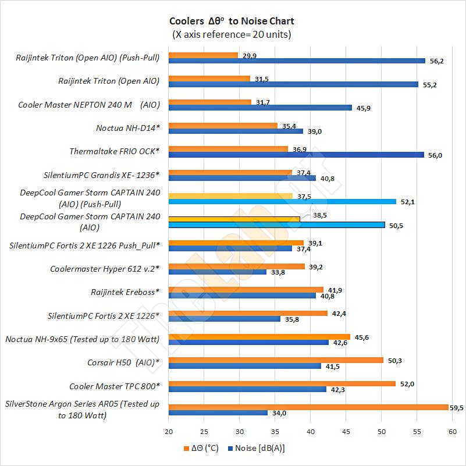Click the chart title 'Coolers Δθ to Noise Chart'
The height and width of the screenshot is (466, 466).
(x=232, y=22)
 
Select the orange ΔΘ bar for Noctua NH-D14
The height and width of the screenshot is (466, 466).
(x=223, y=125)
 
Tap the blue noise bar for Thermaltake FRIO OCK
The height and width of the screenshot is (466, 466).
(x=296, y=155)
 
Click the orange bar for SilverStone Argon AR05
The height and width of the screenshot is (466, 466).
(x=308, y=407)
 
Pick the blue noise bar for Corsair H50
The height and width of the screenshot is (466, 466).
(x=244, y=366)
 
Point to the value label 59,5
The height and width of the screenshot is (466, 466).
(x=457, y=407)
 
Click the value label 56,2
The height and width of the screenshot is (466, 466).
(x=436, y=61)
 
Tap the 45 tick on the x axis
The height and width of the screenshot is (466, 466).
(x=346, y=431)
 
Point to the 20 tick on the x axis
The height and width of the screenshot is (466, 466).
(x=169, y=431)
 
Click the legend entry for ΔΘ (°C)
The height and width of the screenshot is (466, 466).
(x=201, y=448)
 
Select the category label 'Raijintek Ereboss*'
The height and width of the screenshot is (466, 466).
(x=125, y=292)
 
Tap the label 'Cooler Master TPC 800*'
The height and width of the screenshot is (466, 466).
(x=114, y=386)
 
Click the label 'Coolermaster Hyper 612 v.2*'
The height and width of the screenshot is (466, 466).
(x=105, y=268)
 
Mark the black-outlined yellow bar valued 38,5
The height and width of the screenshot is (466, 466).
(x=234, y=219)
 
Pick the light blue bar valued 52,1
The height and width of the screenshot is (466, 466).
(x=282, y=202)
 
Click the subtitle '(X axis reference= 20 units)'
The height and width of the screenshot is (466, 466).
(x=232, y=34)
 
